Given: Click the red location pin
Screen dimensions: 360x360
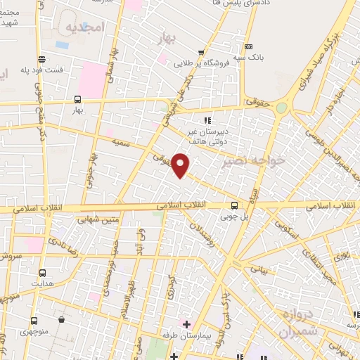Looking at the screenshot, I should (x=181, y=164).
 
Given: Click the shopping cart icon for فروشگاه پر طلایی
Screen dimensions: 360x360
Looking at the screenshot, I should (x=202, y=52).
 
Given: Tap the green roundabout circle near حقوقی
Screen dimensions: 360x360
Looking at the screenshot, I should (x=281, y=108).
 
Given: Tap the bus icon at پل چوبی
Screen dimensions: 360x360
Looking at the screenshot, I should (x=235, y=205).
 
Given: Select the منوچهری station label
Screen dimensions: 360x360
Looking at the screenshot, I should (x=34, y=330).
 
